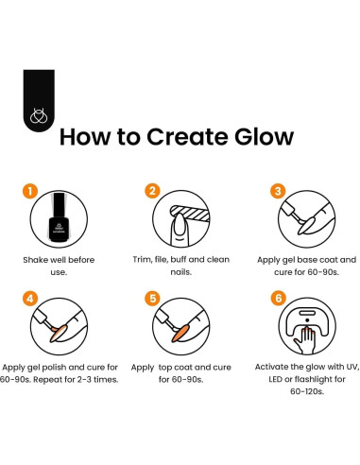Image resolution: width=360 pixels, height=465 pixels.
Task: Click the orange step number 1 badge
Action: tap(30, 191)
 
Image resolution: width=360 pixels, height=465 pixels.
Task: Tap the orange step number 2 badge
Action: tap(152, 191)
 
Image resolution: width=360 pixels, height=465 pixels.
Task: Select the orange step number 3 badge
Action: tap(278, 191)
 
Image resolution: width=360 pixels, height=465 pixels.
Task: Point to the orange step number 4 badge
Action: tap(30, 299)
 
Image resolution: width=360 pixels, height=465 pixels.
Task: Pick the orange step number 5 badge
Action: tap(152, 299)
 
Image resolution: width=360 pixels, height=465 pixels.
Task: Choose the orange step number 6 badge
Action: tap(279, 298)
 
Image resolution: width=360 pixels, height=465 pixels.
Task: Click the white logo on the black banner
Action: tap(39, 115)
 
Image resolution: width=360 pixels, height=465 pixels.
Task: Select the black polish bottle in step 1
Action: tap(59, 217)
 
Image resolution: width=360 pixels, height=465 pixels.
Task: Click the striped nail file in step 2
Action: tap(190, 213)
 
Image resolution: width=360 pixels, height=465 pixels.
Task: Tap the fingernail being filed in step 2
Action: tap(179, 224)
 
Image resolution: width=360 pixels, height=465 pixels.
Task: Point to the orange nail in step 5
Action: tap(180, 334)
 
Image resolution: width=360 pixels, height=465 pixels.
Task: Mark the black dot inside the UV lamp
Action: tap(307, 320)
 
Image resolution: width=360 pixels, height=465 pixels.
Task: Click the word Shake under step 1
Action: tap(34, 260)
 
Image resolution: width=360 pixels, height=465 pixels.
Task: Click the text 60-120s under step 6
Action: tap(307, 391)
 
